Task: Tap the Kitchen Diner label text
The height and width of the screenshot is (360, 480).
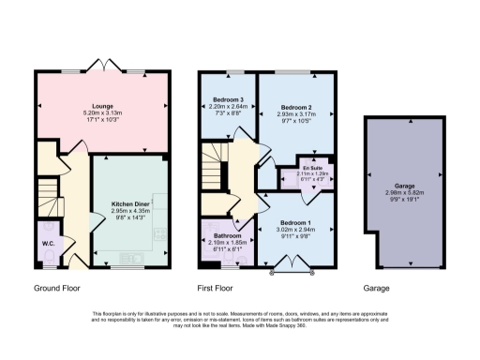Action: pos(130,202)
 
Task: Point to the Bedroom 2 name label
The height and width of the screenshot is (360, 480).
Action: pos(296,108)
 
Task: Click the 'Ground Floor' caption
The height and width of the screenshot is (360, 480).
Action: pos(55,289)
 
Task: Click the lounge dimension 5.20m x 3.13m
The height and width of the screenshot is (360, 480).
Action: pos(102,115)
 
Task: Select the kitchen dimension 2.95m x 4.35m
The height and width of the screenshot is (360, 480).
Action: pos(130,211)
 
